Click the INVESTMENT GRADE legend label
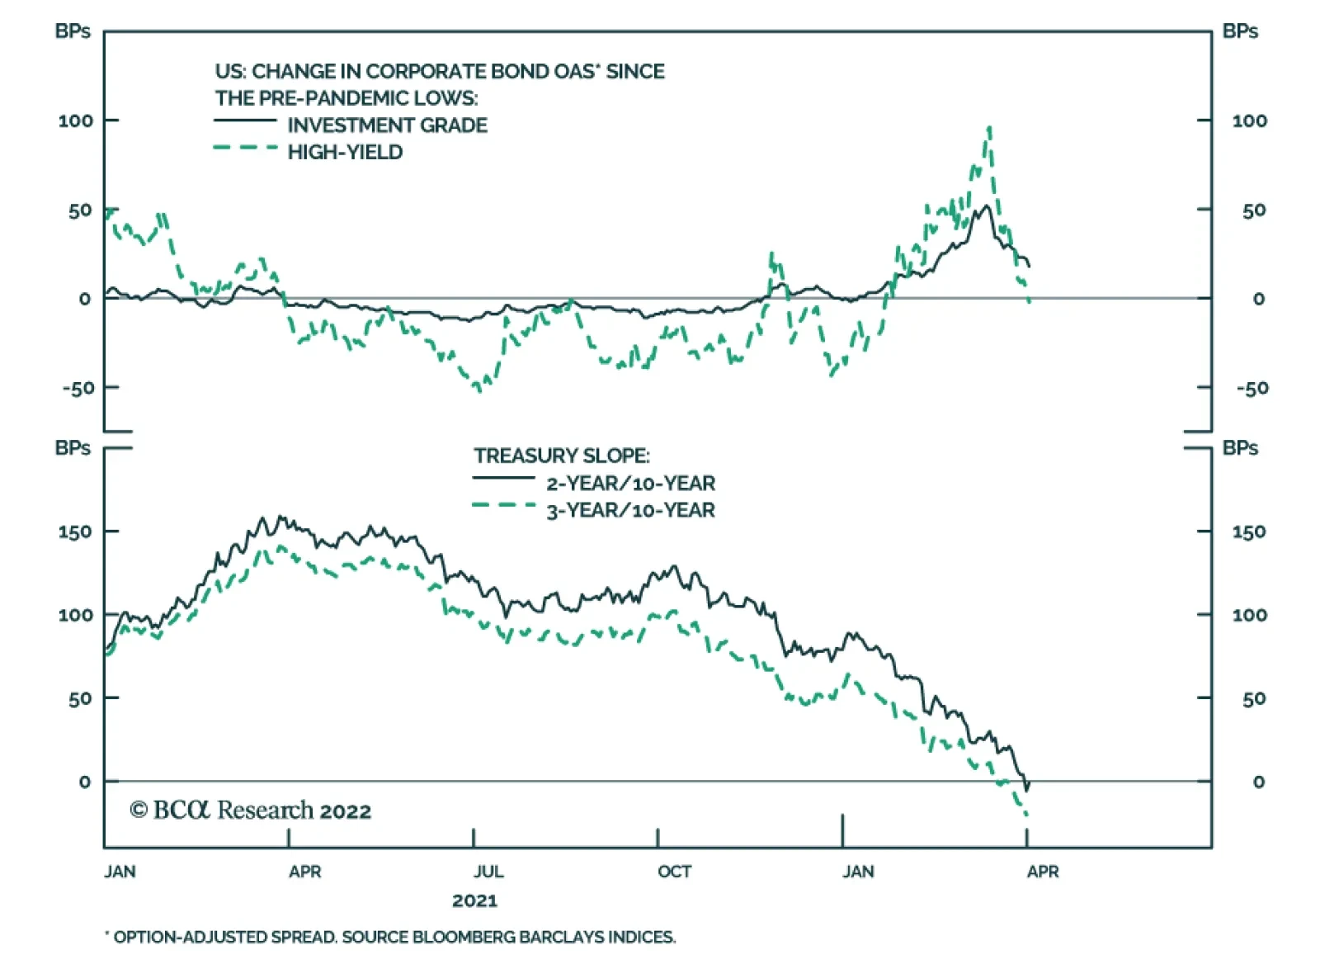pyautogui.click(x=387, y=125)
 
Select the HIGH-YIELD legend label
pyautogui.click(x=345, y=153)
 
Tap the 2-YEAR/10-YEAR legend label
pyautogui.click(x=630, y=484)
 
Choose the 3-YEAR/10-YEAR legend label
pyautogui.click(x=630, y=511)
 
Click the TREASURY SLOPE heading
pyautogui.click(x=561, y=456)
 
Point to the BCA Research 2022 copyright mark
pyautogui.click(x=250, y=810)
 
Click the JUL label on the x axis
pyautogui.click(x=488, y=872)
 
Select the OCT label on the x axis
pyautogui.click(x=674, y=872)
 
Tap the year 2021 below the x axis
pyautogui.click(x=474, y=900)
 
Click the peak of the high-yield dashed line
pyautogui.click(x=989, y=128)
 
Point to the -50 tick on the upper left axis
pyautogui.click(x=78, y=388)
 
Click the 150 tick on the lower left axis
pyautogui.click(x=74, y=532)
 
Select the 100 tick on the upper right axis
pyautogui.click(x=1249, y=121)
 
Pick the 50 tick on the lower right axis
pyautogui.click(x=1253, y=699)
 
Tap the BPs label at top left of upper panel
pyautogui.click(x=73, y=31)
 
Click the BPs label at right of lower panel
pyautogui.click(x=1240, y=448)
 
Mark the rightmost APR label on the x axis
pyautogui.click(x=1043, y=872)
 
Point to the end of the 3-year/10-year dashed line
pyautogui.click(x=1026, y=816)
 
